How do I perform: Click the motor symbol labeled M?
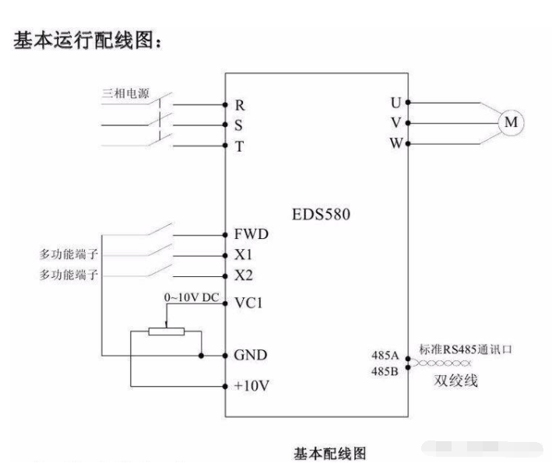(512, 122)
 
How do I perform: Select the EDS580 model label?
(319, 214)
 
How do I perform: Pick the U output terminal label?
(396, 102)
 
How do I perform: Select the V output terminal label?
(396, 123)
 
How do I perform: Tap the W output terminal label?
(396, 144)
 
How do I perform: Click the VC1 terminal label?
(247, 304)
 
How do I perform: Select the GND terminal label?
(250, 356)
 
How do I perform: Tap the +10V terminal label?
(250, 385)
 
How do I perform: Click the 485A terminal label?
(385, 355)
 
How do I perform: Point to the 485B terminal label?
(385, 370)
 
